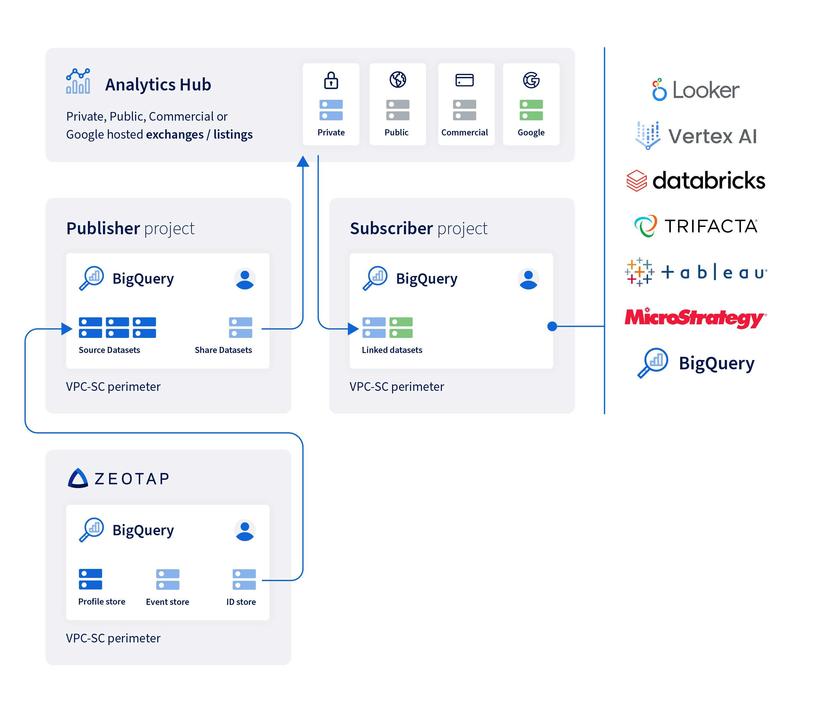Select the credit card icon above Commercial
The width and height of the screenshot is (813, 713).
pos(464,80)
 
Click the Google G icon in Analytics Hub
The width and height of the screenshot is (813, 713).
pos(531,80)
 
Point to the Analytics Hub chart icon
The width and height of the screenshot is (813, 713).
pos(78,81)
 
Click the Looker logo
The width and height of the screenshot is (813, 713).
pos(696,90)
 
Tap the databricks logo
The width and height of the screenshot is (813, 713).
pos(696,181)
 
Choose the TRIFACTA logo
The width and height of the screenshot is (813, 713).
pos(696,226)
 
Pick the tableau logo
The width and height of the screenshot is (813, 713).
pos(696,272)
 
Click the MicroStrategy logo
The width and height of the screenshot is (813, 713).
pos(695,318)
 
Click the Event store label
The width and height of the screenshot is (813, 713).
pos(167,602)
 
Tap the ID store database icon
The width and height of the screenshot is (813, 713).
pos(244,579)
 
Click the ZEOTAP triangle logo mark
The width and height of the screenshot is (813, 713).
pos(78,478)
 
